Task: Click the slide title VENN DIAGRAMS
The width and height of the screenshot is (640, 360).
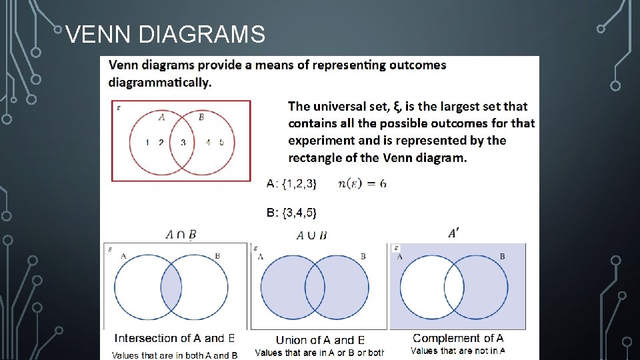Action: click(x=166, y=34)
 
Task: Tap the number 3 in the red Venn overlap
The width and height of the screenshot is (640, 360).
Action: click(x=183, y=143)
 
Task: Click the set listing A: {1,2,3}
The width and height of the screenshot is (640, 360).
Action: click(x=291, y=183)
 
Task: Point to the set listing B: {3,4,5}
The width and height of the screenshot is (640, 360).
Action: click(x=291, y=213)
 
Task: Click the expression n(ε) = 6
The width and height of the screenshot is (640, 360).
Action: click(x=362, y=183)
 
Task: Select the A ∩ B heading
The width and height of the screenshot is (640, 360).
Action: click(x=181, y=234)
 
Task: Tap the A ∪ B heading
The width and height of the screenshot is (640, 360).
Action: click(x=311, y=235)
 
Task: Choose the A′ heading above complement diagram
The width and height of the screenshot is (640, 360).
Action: click(x=453, y=233)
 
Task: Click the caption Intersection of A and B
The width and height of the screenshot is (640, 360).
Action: click(x=175, y=339)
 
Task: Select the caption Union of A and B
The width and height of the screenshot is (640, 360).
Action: click(x=320, y=340)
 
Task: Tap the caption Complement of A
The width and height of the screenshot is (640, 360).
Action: click(x=458, y=339)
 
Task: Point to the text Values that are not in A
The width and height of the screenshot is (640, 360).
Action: click(x=457, y=351)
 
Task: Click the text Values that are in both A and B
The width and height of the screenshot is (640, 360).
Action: click(x=175, y=355)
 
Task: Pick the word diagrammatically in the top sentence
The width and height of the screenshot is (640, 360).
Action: click(x=160, y=83)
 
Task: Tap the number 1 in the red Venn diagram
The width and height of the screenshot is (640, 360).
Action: click(x=147, y=143)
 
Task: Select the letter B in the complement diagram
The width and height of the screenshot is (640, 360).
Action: click(x=502, y=256)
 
